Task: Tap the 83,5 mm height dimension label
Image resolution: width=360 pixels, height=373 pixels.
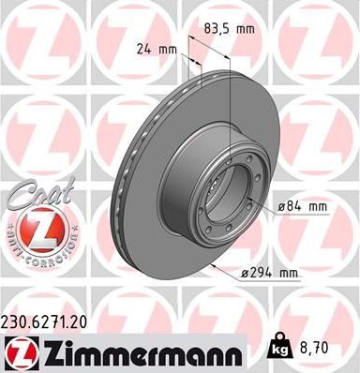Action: coord(231,28)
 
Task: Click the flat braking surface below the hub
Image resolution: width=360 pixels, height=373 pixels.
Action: coord(187,253)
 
